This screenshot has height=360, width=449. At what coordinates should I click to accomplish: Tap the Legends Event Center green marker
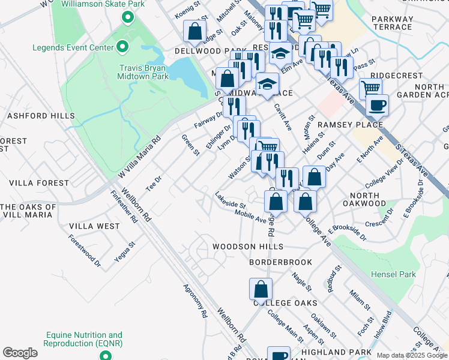click(x=122, y=46)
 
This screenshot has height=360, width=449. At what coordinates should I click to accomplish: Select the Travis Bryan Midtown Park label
click(x=139, y=72)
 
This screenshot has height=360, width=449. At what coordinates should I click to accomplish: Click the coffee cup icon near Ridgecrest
click(x=376, y=106)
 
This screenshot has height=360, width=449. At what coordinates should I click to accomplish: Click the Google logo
click(x=20, y=353)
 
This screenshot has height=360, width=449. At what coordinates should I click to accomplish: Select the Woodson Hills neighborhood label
click(x=247, y=247)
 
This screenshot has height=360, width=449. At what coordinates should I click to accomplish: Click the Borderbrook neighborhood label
click(x=281, y=262)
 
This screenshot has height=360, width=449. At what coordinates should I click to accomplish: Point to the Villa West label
click(x=94, y=226)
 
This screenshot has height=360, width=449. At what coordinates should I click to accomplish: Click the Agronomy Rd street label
click(x=195, y=300)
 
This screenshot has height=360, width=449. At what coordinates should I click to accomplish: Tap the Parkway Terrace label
click(x=392, y=23)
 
